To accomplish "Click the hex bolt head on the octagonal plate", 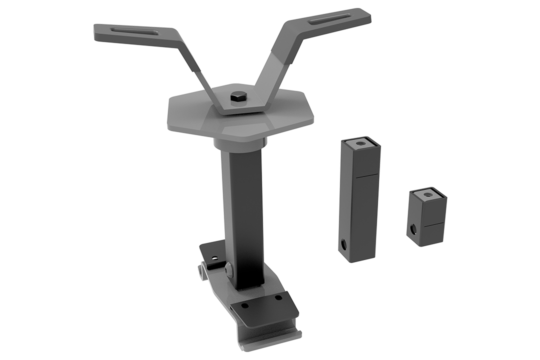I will (x=237, y=96).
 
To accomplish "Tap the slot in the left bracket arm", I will (x=131, y=32).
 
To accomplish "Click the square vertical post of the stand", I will (x=242, y=210).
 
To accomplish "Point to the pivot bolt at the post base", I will (x=229, y=268).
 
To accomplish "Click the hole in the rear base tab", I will (x=214, y=259).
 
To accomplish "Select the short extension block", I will (x=426, y=220).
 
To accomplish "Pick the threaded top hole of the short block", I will (x=428, y=194).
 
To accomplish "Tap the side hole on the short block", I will (x=413, y=229).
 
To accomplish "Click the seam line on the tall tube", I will (x=367, y=175).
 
